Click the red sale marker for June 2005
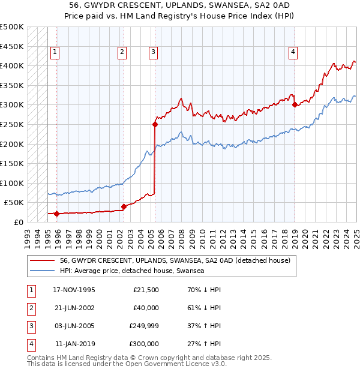(155, 125)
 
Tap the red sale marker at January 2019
(295, 105)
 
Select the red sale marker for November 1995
(56, 214)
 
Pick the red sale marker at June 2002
(124, 206)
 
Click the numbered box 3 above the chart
(154, 53)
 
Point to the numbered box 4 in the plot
(293, 53)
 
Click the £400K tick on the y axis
(13, 65)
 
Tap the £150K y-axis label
(13, 163)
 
